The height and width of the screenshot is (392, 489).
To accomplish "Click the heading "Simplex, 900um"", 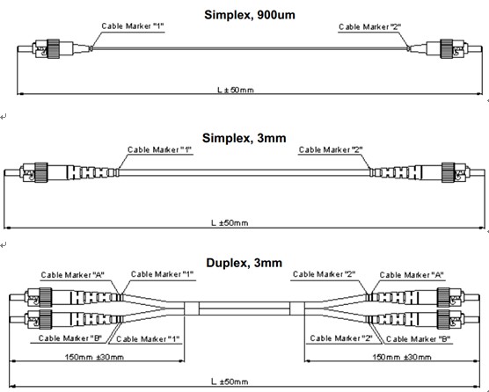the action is click(x=250, y=15).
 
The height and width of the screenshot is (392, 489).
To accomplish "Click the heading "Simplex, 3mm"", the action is click(x=244, y=138).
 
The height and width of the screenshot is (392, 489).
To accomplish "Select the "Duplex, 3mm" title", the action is click(x=244, y=263).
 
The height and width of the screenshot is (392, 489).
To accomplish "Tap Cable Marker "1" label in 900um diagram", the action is click(x=133, y=26).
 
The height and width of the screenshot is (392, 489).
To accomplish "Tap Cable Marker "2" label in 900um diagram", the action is click(x=370, y=27).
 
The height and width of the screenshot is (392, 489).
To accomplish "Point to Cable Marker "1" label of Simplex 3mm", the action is click(x=159, y=150).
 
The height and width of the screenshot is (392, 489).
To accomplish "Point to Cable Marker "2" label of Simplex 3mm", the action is click(x=331, y=150).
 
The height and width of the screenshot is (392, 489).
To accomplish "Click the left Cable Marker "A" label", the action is click(x=73, y=275).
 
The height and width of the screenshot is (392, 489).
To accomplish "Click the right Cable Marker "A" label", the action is click(x=412, y=275).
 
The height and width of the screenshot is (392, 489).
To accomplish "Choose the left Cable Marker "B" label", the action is click(x=70, y=338).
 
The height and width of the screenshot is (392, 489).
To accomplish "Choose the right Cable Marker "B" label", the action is click(x=419, y=339).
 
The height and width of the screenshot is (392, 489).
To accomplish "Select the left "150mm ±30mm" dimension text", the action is click(x=94, y=357).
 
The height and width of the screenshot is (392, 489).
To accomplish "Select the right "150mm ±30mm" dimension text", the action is click(x=402, y=357).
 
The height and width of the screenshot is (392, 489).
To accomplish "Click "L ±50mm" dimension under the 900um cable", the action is click(x=236, y=90).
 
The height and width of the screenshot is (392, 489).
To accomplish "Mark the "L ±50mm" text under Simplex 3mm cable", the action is click(x=230, y=223).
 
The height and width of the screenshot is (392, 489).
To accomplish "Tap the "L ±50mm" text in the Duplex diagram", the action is click(x=230, y=381).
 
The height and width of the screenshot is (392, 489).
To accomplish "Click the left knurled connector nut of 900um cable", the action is click(x=53, y=48).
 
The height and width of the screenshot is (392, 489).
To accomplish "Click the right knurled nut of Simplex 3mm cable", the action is click(x=449, y=172).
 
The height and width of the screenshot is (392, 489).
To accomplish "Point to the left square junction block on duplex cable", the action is click(x=192, y=309).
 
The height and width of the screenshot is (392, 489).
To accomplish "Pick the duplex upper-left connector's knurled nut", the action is click(x=45, y=297).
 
